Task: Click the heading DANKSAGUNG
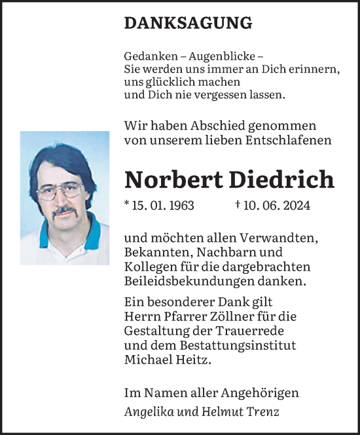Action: [188, 23]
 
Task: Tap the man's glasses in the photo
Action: [60, 191]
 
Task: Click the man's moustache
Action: [64, 212]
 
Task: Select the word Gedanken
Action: [145, 58]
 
